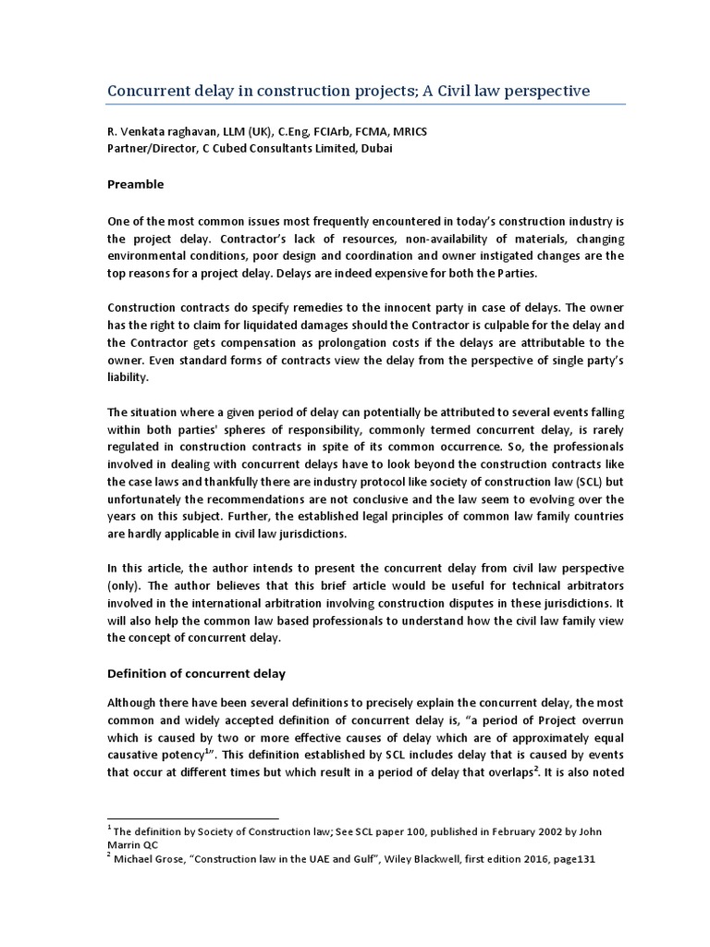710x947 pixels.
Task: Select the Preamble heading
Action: (x=136, y=184)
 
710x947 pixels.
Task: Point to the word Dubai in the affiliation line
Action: (x=375, y=150)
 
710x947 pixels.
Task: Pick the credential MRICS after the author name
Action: (x=408, y=132)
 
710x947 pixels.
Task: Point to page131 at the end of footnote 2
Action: (x=573, y=859)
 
